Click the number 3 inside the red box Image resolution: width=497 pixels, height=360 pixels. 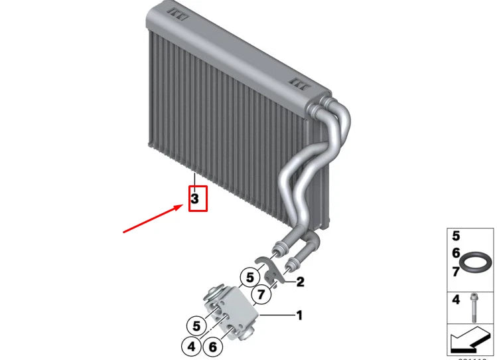coord(195,198)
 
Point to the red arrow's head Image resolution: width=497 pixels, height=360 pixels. coord(181,207)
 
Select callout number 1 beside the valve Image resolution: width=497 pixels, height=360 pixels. coord(299,314)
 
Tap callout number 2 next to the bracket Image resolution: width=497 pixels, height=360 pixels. coord(301,282)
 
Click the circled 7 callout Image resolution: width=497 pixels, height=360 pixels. coord(261,293)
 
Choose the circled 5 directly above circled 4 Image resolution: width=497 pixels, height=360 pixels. coord(196,325)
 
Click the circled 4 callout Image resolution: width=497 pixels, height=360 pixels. coord(190,345)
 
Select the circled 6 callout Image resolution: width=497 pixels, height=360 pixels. coord(212,345)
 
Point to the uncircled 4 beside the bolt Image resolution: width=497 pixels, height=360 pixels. coord(456,300)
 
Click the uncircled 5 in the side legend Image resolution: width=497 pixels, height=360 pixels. coord(456,236)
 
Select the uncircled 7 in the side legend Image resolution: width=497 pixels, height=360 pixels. coord(456,271)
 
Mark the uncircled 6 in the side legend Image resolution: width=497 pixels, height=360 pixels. coord(456,253)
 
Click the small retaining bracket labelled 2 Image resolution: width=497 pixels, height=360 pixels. coord(271,271)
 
